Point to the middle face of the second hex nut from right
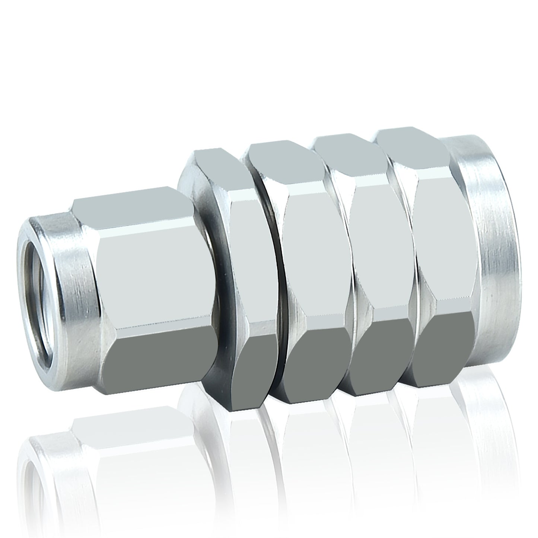(x=382, y=253)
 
